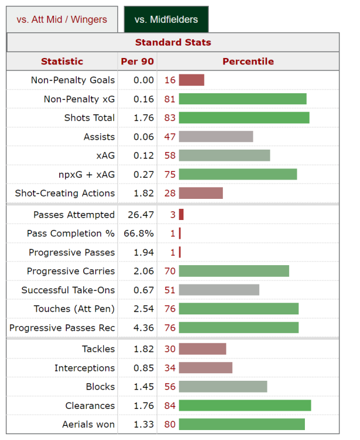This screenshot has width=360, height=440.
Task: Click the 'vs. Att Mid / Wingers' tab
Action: [62, 19]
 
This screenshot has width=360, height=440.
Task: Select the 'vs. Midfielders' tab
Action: [166, 19]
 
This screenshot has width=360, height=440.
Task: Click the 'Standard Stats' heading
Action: [173, 42]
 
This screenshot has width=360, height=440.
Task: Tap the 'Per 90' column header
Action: [137, 61]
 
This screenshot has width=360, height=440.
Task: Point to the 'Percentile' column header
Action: [248, 61]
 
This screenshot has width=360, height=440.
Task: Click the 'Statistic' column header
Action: [62, 61]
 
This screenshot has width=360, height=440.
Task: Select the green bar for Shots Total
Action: [244, 118]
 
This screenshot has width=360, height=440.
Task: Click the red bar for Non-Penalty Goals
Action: [191, 80]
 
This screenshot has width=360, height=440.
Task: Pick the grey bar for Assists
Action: [216, 137]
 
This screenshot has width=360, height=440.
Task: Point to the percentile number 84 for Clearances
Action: [170, 406]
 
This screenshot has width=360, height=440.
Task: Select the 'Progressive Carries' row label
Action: [71, 272]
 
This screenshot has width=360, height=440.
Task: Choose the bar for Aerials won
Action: [242, 425]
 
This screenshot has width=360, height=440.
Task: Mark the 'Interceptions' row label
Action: [84, 368]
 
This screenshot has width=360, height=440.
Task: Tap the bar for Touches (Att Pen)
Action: [239, 309]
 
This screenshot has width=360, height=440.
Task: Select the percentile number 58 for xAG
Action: [170, 155]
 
